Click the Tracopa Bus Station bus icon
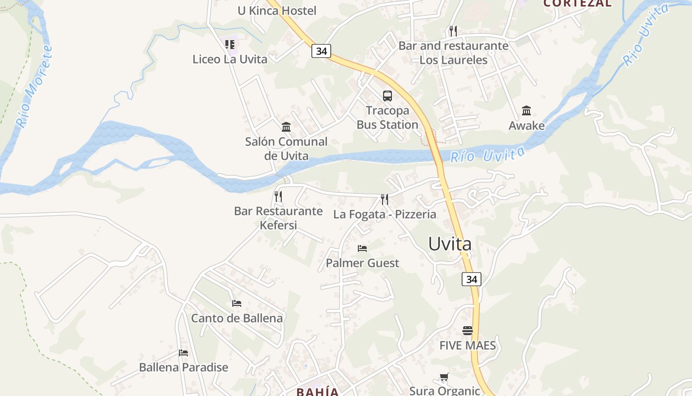tap(388, 96)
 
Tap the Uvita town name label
tap(449, 244)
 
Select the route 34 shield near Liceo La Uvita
tap(321, 51)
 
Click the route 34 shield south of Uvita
tap(472, 279)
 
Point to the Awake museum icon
tap(526, 111)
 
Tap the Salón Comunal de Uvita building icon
tap(286, 127)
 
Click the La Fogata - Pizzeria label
tap(385, 214)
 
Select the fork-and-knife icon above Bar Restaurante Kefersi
tap(278, 197)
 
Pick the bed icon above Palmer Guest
tap(362, 248)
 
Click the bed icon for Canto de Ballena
tap(237, 303)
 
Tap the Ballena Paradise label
tap(183, 367)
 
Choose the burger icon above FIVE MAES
tap(468, 330)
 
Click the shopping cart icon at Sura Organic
tap(444, 378)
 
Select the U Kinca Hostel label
tap(277, 10)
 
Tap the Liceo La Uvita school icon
tap(230, 45)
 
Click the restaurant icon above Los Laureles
tap(453, 31)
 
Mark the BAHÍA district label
tap(317, 392)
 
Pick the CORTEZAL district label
tap(577, 3)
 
